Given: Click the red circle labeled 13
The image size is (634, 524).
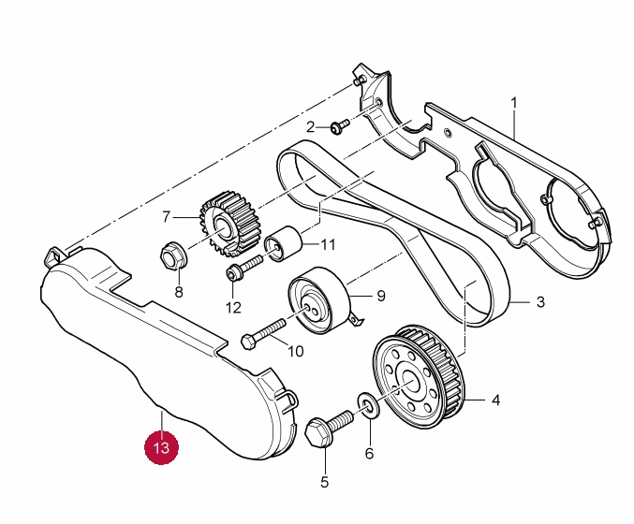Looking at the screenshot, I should coord(162,448).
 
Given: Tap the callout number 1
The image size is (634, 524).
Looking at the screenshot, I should coord(514,100).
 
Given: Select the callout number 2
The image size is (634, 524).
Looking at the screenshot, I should coord(312,125).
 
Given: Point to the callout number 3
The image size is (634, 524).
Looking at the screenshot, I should coord(540,302).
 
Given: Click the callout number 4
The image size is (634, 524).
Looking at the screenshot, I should coord(496,400).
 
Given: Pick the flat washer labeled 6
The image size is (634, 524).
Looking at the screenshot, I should coord(369,406).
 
